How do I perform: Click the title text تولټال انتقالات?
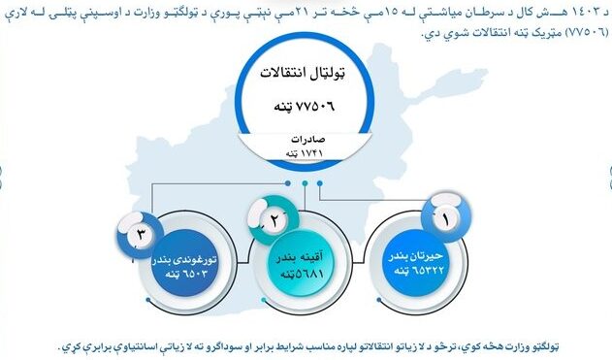(x=303, y=73)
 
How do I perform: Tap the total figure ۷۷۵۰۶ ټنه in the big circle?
(x=304, y=106)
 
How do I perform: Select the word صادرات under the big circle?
(x=308, y=140)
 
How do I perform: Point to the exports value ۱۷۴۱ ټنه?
(x=305, y=153)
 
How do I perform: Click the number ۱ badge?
(x=445, y=218)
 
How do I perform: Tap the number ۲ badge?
(x=274, y=220)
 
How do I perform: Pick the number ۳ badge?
(x=140, y=234)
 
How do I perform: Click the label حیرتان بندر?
(x=416, y=256)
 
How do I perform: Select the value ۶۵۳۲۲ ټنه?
(x=418, y=270)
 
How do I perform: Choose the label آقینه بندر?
(x=300, y=258)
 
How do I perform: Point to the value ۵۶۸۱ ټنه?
(x=302, y=274)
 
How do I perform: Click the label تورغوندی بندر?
(x=184, y=259)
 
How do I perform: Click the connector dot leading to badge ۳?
(x=288, y=183)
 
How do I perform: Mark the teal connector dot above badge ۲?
(x=305, y=183)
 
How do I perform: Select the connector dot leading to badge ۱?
(x=320, y=183)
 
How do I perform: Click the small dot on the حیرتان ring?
(x=379, y=300)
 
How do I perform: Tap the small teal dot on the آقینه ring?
(x=264, y=300)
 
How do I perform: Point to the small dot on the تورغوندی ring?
(x=148, y=300)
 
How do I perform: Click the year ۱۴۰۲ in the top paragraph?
(x=590, y=12)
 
